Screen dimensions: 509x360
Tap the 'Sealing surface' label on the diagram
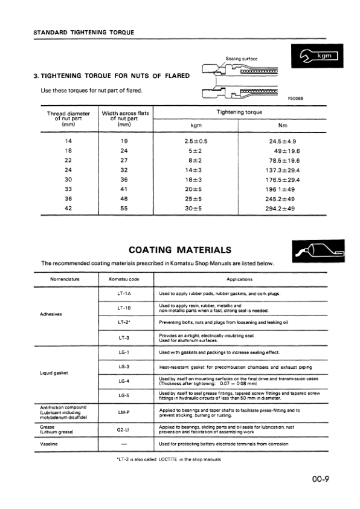[242, 59]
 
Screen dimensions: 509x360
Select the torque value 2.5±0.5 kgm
[195, 141]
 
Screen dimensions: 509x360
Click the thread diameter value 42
[68, 209]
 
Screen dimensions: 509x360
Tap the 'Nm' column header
[282, 126]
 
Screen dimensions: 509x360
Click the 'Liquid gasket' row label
[54, 373]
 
